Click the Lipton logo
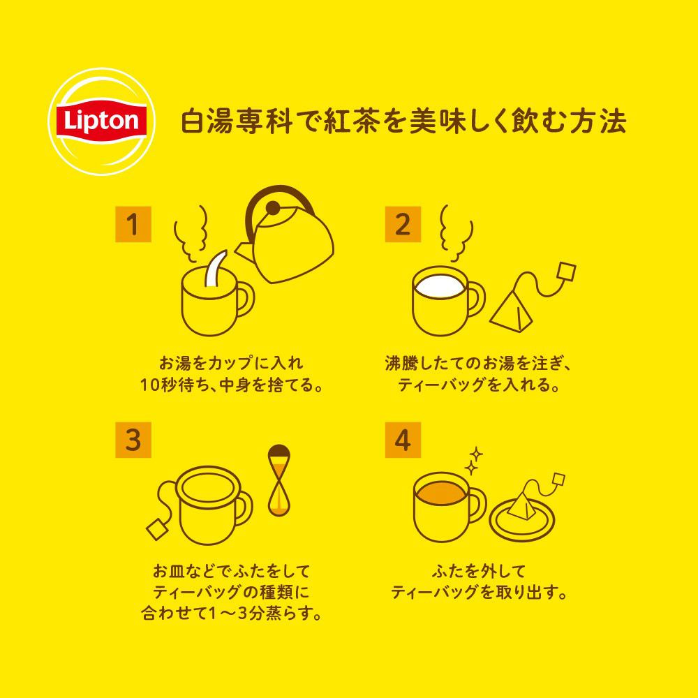coord(101,121)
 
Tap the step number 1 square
coord(133,224)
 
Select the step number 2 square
coord(403,224)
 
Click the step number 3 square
coord(133,440)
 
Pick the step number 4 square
coord(403,440)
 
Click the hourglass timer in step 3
coord(279,480)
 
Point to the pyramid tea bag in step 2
coord(512,311)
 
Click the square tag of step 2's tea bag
coord(565,272)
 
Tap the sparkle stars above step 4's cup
coord(474,461)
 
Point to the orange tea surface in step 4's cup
coord(440,493)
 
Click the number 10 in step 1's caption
coord(150,385)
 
